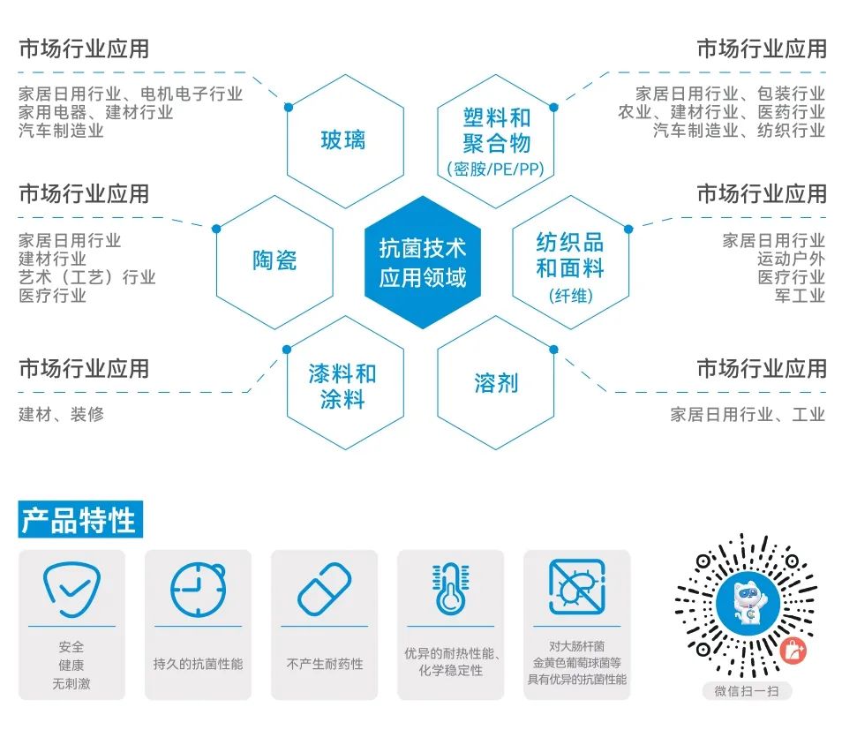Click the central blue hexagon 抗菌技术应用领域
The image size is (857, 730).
[x=423, y=262]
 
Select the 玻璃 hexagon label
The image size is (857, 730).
[x=343, y=139]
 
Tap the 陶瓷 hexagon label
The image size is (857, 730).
[x=274, y=260]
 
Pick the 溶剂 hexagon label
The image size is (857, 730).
[x=496, y=383]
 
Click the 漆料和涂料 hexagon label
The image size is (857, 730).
[x=342, y=386]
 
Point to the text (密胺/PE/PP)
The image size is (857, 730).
[x=496, y=169]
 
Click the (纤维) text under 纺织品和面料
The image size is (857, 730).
[x=570, y=295]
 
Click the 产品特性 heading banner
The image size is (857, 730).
[x=79, y=520]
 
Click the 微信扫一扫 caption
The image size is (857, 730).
[x=746, y=691]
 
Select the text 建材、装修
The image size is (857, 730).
[x=61, y=414]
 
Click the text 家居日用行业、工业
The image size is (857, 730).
[x=748, y=414]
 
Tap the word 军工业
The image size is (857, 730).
[x=800, y=296]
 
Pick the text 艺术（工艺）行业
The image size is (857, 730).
[x=87, y=277]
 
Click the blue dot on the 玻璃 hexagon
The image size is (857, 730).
[x=288, y=107]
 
